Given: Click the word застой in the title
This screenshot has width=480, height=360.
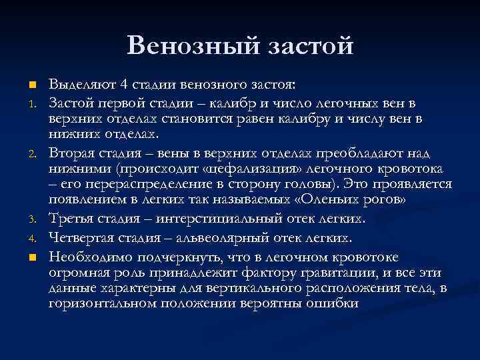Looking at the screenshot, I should pyautogui.click(x=311, y=45).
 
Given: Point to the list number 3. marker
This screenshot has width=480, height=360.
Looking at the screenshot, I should pyautogui.click(x=31, y=218).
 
